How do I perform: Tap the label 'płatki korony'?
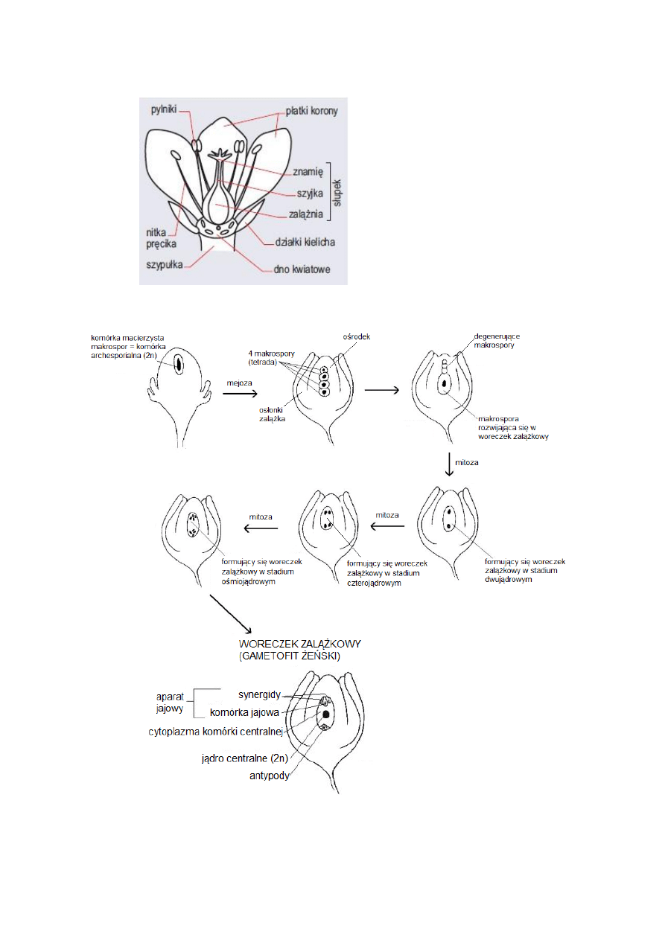tap(311, 112)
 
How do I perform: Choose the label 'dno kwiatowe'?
tap(300, 269)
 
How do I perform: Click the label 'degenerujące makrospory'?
tap(496, 341)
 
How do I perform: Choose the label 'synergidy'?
tap(259, 695)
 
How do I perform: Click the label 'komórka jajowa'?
tap(244, 712)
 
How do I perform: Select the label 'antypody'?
tap(269, 776)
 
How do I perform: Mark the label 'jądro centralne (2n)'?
tap(244, 759)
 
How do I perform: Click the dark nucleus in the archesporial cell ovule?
tap(179, 365)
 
